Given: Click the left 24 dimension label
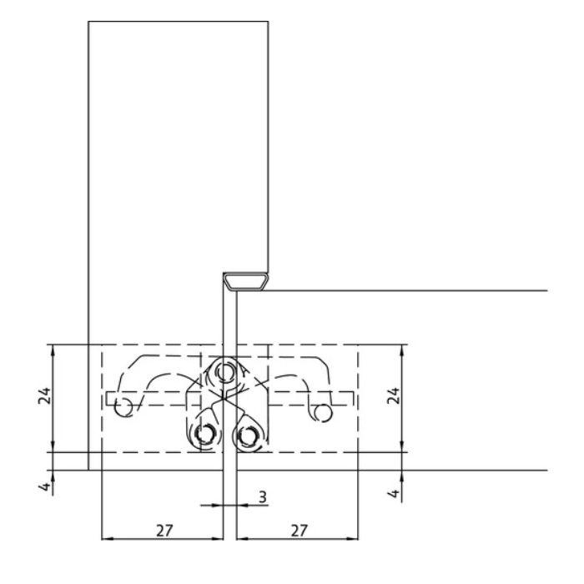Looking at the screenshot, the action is click(44, 396).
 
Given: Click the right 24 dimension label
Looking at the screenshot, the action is click(393, 395).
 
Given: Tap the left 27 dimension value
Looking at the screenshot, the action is click(164, 531).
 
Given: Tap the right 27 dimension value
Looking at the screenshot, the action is click(299, 531).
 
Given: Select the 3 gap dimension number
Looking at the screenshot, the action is click(263, 497).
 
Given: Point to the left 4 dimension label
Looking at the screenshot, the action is click(45, 486).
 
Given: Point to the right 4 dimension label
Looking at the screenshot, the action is click(394, 494).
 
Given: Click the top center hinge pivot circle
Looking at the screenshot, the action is click(224, 371).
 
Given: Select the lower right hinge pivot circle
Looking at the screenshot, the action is click(246, 435).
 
